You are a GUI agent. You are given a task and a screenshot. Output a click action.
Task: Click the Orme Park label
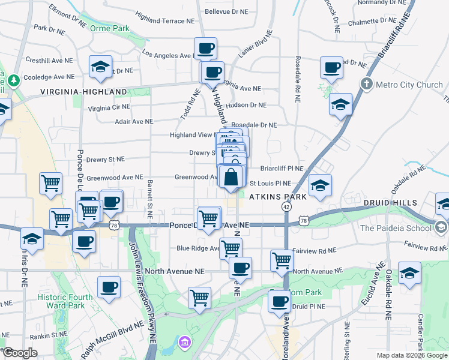point(109,28)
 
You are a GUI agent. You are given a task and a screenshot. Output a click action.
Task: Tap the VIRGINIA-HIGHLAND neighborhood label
point(83,92)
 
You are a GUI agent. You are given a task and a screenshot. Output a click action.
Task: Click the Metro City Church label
point(409,85)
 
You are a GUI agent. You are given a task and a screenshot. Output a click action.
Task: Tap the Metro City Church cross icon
point(366,84)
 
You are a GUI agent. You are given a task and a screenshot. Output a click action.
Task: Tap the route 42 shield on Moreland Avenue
point(286,206)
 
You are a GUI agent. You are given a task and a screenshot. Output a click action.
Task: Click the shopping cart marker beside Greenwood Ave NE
point(51,183)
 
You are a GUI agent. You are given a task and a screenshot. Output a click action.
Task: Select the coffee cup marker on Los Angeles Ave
point(205,49)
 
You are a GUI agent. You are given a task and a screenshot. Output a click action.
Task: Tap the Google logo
point(20,353)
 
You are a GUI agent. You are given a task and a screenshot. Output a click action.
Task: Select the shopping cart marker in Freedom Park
point(199,298)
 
